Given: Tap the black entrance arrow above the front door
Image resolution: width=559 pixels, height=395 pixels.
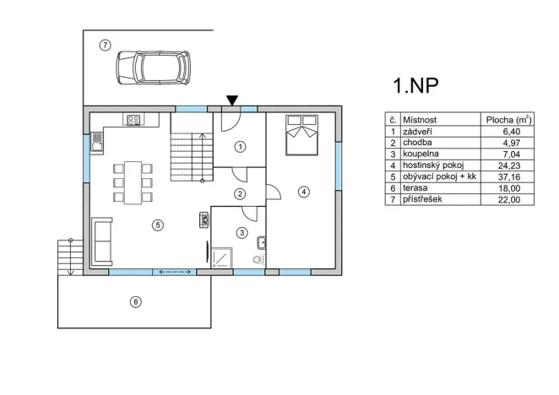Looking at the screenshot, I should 231,101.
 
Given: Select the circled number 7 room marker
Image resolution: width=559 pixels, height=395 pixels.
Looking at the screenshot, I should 105,45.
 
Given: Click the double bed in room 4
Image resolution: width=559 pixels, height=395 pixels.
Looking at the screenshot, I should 301,135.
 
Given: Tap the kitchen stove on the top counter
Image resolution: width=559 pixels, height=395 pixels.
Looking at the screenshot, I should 133,120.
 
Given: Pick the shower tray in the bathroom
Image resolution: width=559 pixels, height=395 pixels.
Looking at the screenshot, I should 221,257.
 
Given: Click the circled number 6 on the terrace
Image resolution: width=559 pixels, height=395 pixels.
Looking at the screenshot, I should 134,301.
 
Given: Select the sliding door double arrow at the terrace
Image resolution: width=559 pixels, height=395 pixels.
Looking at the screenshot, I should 173,272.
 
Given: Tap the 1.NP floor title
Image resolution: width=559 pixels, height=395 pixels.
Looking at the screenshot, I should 415,85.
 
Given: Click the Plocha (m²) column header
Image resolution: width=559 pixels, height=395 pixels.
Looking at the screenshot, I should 507,120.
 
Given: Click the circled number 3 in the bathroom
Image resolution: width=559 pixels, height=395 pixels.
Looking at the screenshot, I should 242,232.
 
